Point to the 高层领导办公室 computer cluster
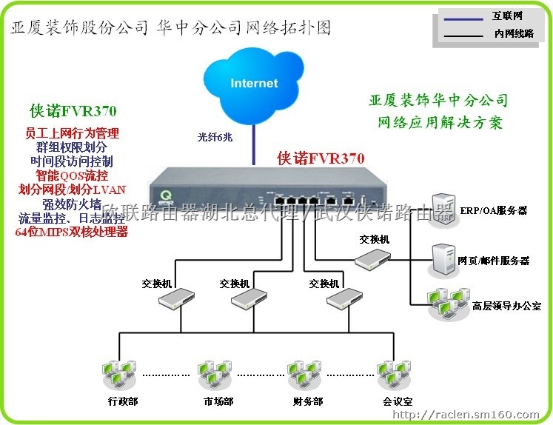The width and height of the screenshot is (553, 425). [x=447, y=303]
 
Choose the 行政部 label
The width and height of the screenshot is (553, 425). [x=122, y=401]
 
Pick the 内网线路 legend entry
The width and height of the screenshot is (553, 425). [x=513, y=33]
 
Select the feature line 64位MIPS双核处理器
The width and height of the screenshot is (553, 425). [x=72, y=232]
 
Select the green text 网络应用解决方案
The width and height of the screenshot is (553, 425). [x=440, y=121]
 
